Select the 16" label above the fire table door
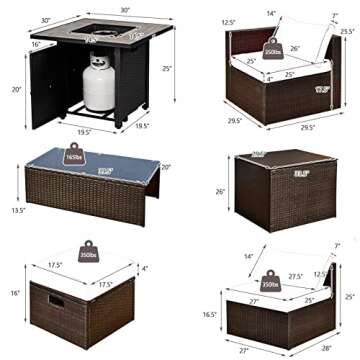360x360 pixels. [36, 45]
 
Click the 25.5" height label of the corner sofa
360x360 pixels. [346, 31]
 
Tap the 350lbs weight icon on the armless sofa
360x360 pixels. [266, 283]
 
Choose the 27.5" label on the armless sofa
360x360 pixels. [295, 274]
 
